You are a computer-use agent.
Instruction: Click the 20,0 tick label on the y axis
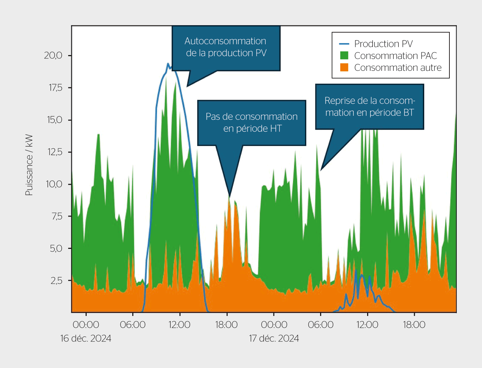[x=53, y=55]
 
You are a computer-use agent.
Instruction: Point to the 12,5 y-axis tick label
[x=54, y=152]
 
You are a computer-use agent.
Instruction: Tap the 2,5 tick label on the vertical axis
[x=56, y=281]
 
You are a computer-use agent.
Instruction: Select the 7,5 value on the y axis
[x=57, y=217]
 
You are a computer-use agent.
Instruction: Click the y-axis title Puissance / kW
[x=29, y=165]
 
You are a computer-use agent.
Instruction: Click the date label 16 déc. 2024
[x=86, y=338]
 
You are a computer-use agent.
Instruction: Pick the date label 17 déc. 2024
[x=274, y=338]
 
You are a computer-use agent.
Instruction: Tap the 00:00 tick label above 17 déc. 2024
[x=274, y=325]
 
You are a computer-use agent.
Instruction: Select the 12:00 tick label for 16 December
[x=179, y=325]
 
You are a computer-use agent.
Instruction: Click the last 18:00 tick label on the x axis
[x=414, y=325]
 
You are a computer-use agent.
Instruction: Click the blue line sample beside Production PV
[x=344, y=44]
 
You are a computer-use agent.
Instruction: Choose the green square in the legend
[x=344, y=56]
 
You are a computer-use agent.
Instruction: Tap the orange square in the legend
[x=344, y=67]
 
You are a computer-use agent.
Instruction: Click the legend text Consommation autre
[x=398, y=67]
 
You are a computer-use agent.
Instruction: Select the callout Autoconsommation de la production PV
[x=226, y=47]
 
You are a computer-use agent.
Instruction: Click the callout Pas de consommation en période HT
[x=252, y=123]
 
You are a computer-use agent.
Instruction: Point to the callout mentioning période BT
[x=369, y=106]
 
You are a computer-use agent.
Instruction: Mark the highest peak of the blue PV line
[x=168, y=63]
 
